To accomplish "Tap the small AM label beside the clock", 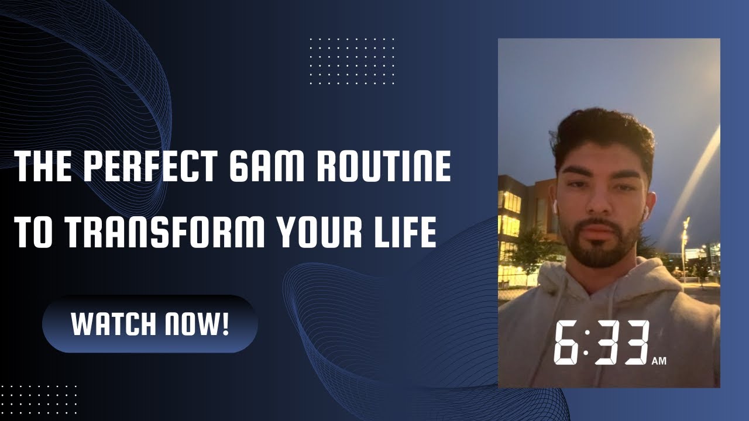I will (658, 361).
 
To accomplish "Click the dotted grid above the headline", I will (351, 60).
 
